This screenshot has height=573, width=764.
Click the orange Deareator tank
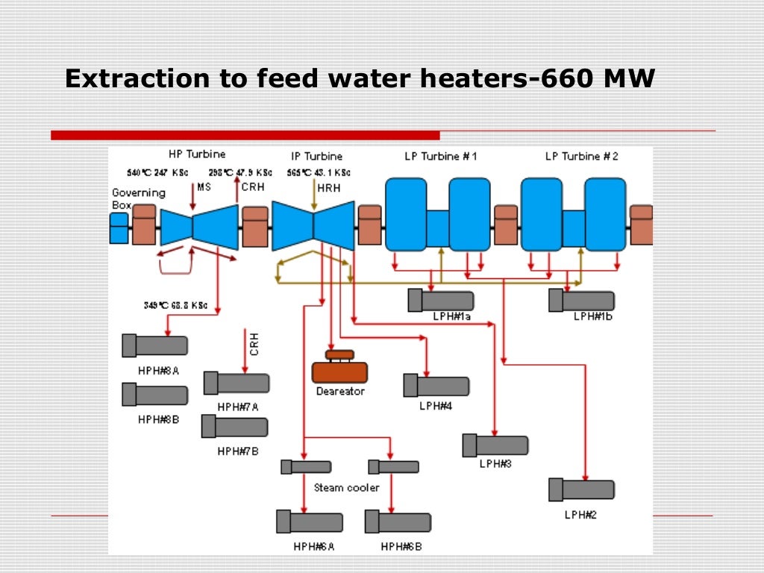pos(339,370)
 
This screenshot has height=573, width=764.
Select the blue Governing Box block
pos(119,228)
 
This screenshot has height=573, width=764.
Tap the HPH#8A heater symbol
pos(155,345)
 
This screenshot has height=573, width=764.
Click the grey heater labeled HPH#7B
pos(235,427)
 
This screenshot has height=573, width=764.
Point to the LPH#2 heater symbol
pos(581,489)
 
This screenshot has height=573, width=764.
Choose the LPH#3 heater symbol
pos(495,445)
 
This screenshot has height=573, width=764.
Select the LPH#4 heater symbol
pos(436,386)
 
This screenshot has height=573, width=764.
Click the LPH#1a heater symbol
pos(441,300)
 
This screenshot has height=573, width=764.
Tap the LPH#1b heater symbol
pos(581,301)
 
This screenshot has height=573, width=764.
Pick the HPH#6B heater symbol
pos(398,522)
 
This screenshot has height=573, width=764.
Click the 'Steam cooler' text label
pos(346,488)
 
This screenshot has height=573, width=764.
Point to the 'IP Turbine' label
pos(317,157)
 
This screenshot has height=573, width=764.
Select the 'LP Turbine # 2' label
pos(581,157)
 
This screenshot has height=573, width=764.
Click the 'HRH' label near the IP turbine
pos(328,189)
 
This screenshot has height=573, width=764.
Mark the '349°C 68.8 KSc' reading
pos(175,305)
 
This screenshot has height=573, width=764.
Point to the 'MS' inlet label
pos(204,187)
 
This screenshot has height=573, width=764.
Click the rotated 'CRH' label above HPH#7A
pos(254,344)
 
